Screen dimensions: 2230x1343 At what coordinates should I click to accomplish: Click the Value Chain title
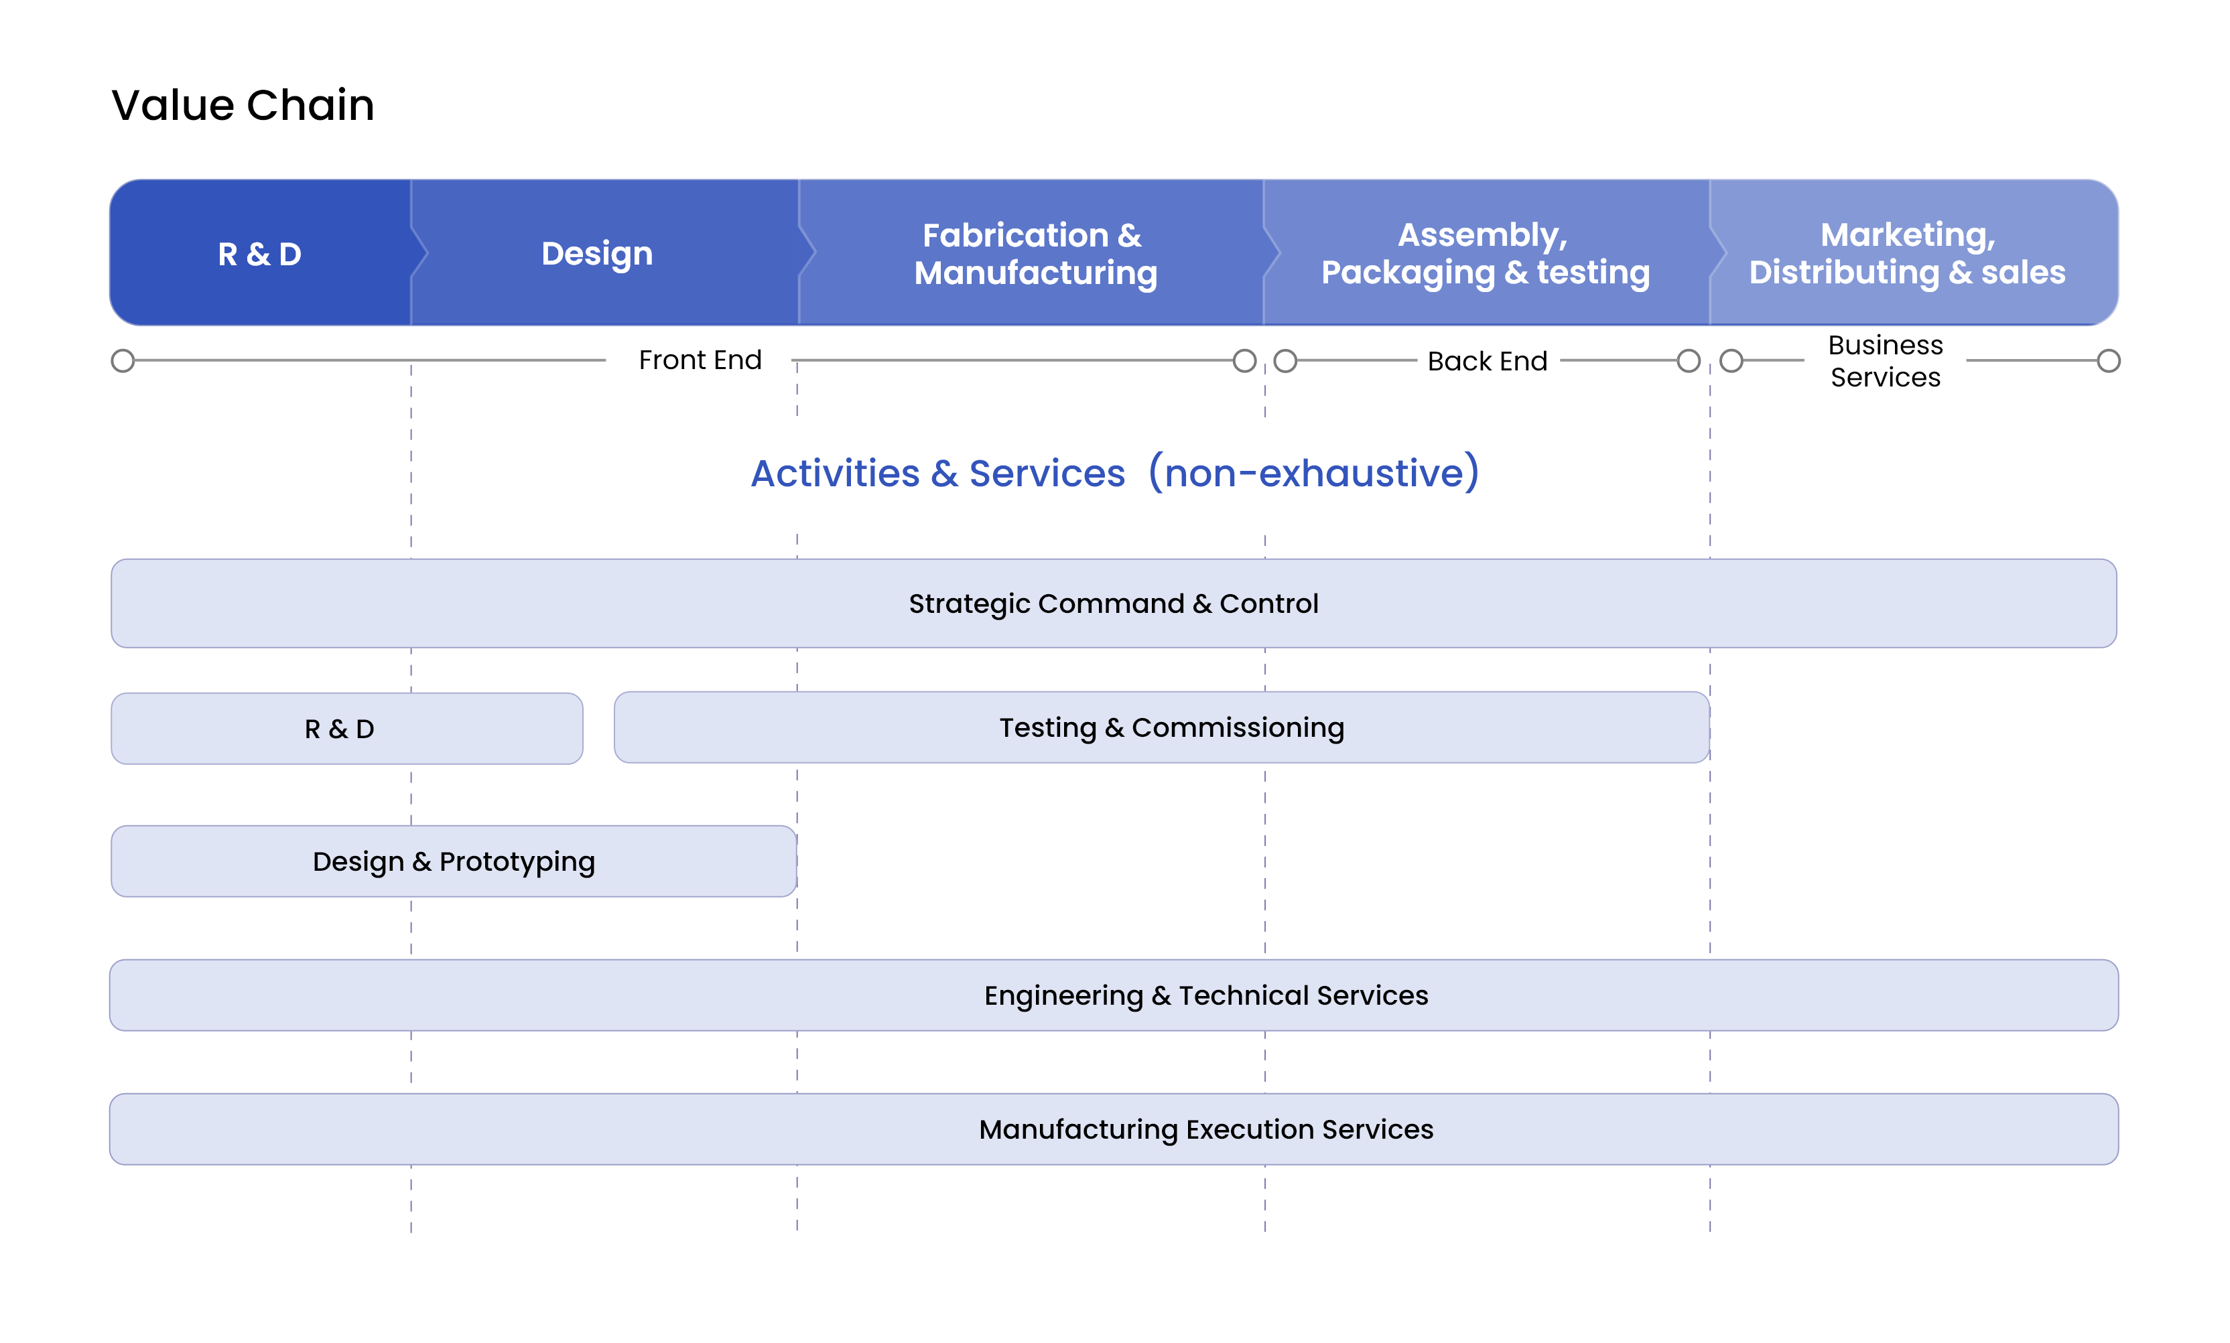pyautogui.click(x=243, y=105)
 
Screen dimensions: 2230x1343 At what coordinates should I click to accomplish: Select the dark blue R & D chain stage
pyautogui.click(x=261, y=253)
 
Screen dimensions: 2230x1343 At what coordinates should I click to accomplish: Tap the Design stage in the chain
pyautogui.click(x=604, y=253)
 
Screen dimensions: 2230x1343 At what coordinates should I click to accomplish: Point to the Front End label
pyautogui.click(x=700, y=360)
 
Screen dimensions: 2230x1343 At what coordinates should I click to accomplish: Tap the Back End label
pyautogui.click(x=1487, y=361)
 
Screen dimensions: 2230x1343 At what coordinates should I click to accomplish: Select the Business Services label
pyautogui.click(x=1885, y=361)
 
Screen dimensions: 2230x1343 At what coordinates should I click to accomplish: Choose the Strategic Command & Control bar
pyautogui.click(x=1113, y=604)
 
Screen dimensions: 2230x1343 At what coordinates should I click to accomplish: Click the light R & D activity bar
pyautogui.click(x=346, y=729)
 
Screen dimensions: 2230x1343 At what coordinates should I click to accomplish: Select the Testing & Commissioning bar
pyautogui.click(x=1162, y=727)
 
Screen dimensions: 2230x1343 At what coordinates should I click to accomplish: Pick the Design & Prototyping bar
pyautogui.click(x=454, y=861)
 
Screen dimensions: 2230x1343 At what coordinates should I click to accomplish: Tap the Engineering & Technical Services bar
pyautogui.click(x=1114, y=995)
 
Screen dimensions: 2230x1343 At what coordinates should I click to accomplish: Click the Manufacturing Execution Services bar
pyautogui.click(x=1114, y=1129)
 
